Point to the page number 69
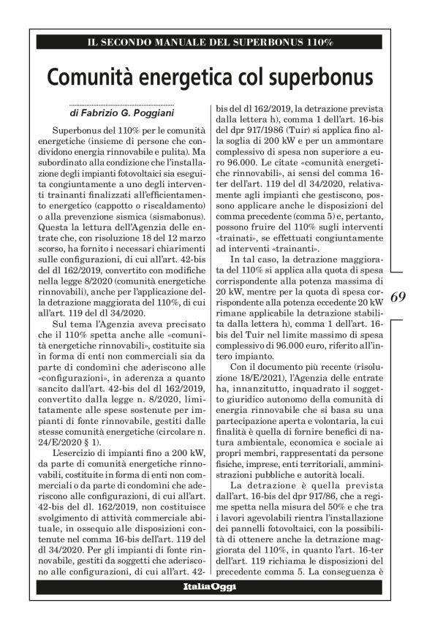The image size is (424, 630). point(398,297)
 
